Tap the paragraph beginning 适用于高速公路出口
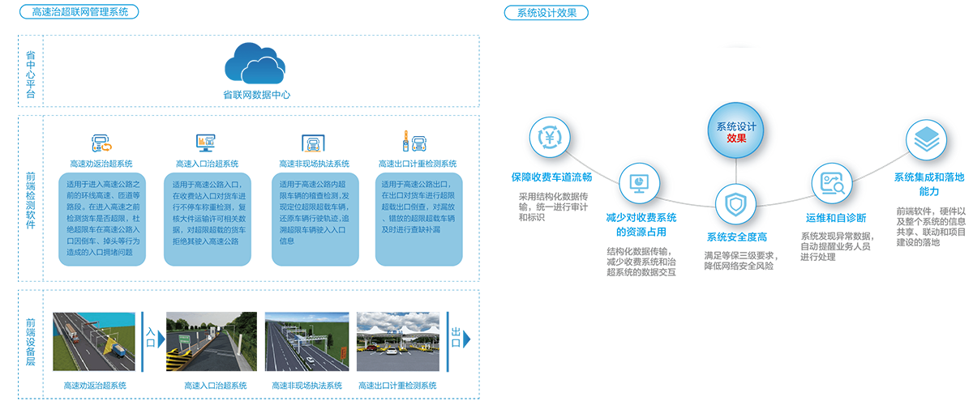tap(422, 207)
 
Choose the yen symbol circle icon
tap(552, 138)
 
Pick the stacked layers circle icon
tap(924, 142)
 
